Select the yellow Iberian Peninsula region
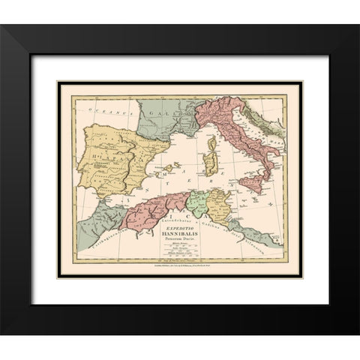[x=112, y=157]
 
